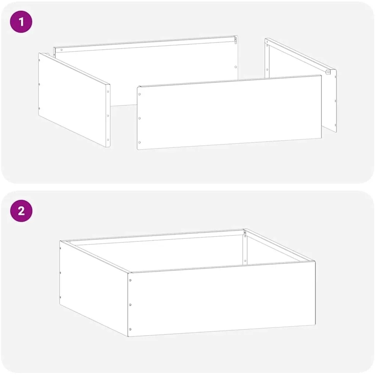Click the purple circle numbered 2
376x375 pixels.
(21, 211)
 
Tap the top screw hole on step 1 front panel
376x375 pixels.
(139, 94)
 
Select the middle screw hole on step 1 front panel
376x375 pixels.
(139, 118)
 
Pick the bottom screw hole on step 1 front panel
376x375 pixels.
(139, 142)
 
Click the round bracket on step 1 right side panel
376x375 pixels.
(328, 72)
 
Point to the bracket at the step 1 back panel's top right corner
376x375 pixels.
(236, 40)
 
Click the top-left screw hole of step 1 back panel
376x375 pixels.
(61, 50)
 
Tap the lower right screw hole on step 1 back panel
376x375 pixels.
(236, 67)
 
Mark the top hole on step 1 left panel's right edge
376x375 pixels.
(108, 92)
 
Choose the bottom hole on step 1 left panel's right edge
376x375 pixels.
(108, 140)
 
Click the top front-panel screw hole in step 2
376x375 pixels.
(130, 280)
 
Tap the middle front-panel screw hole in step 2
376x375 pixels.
(130, 305)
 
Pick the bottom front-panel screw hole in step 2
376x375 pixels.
(130, 329)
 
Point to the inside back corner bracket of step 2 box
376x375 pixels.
(245, 233)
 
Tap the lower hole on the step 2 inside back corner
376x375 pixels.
(245, 261)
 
